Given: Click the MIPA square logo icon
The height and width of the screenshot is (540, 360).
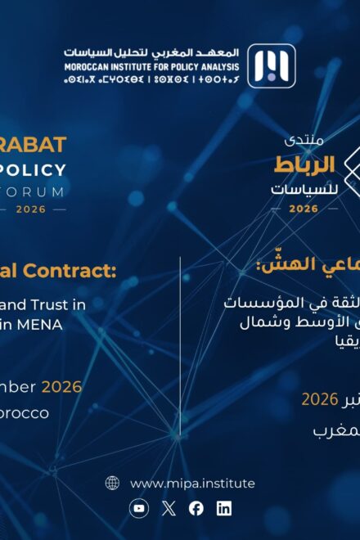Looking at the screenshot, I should tap(271, 66).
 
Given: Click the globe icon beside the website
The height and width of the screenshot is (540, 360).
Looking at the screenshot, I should tap(112, 483).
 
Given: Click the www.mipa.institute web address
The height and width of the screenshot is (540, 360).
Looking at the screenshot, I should tap(192, 483).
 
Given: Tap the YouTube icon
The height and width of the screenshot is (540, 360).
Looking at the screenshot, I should tap(140, 508).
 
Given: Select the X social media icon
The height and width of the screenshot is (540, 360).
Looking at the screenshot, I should tap(169, 508).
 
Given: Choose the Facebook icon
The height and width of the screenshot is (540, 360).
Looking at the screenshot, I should tap(196, 508).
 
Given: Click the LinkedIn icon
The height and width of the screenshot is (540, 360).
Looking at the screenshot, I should tap(224, 508).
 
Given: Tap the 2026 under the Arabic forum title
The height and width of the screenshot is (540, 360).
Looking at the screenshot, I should tap(304, 209).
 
